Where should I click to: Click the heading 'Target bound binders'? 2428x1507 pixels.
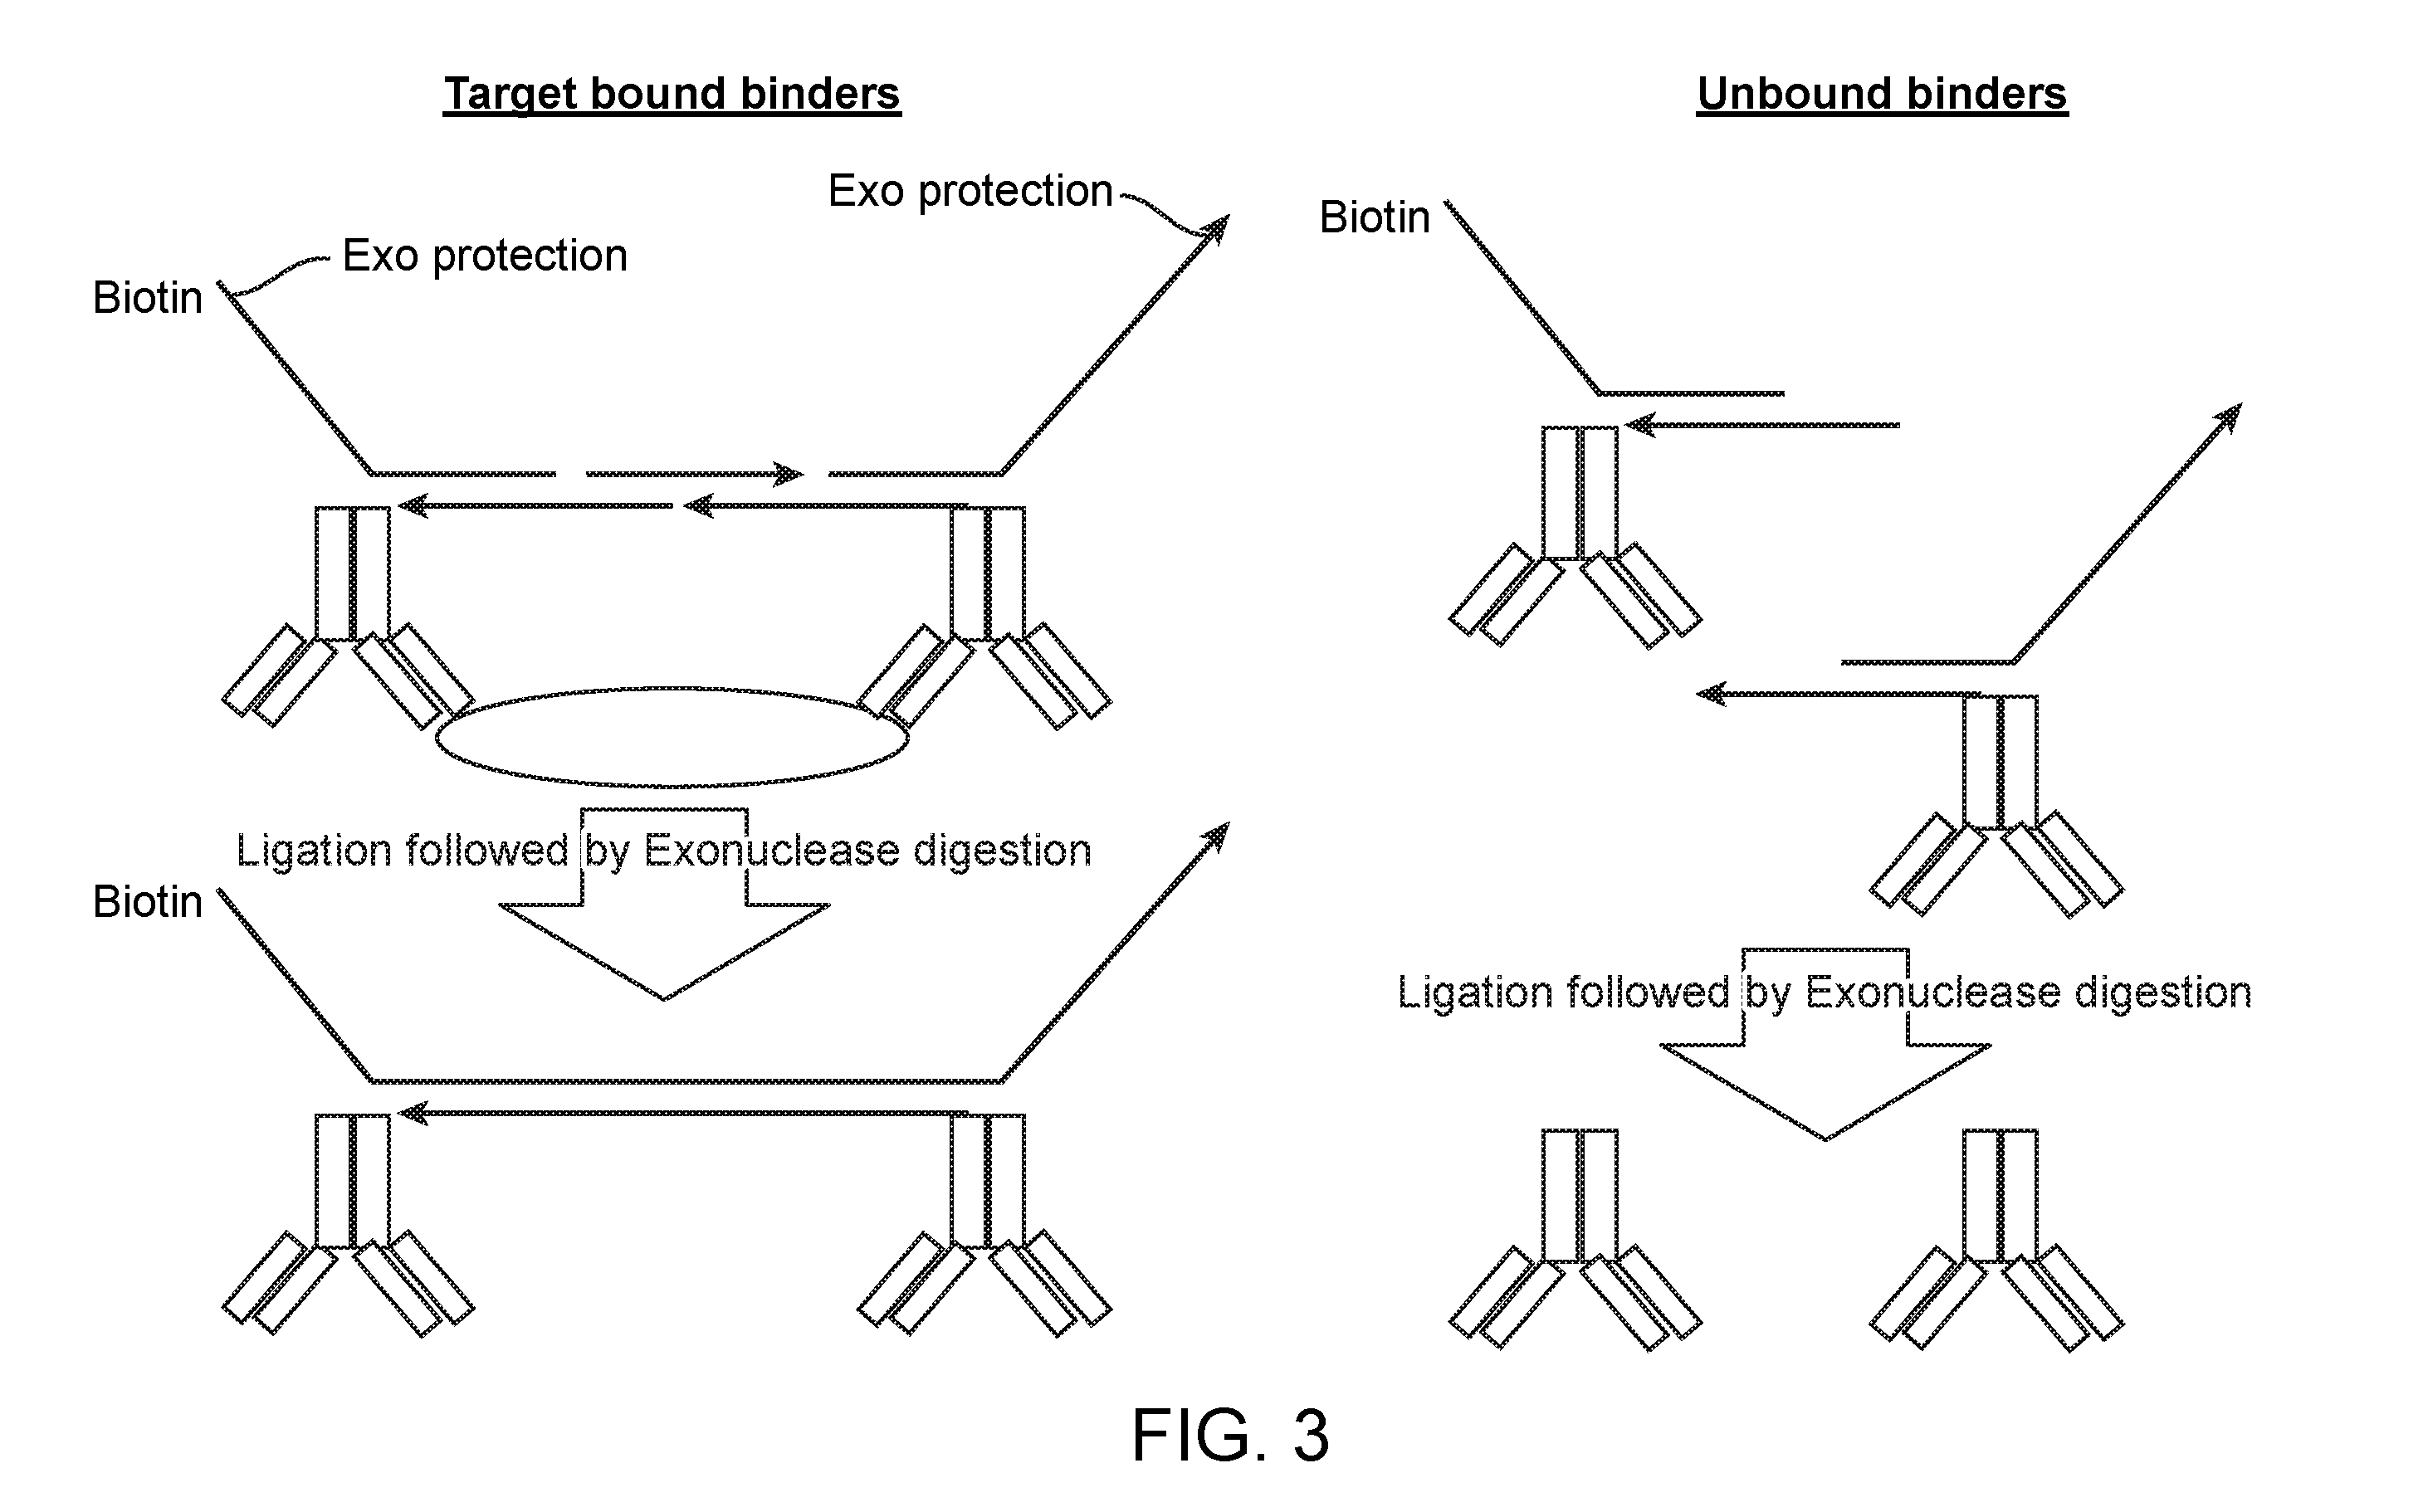click(672, 95)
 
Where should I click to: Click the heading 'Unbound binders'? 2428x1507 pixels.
click(1882, 95)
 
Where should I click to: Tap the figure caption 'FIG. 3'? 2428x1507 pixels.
click(1230, 1436)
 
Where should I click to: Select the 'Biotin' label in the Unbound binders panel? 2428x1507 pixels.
click(1375, 217)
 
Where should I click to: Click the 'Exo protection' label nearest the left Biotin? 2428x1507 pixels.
click(485, 256)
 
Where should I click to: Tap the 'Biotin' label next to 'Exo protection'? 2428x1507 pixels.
click(148, 298)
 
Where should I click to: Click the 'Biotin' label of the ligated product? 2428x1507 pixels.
click(148, 902)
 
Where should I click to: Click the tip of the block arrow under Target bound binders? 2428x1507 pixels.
click(664, 998)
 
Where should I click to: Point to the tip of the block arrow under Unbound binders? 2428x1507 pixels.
click(1826, 1139)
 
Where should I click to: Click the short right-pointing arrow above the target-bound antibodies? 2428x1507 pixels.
click(695, 474)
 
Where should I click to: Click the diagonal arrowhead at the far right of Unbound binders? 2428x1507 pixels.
click(2229, 417)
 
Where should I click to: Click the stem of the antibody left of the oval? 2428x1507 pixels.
click(352, 574)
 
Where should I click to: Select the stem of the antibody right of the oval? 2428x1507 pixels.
click(988, 574)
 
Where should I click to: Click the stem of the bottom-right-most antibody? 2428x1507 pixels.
click(2001, 1196)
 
